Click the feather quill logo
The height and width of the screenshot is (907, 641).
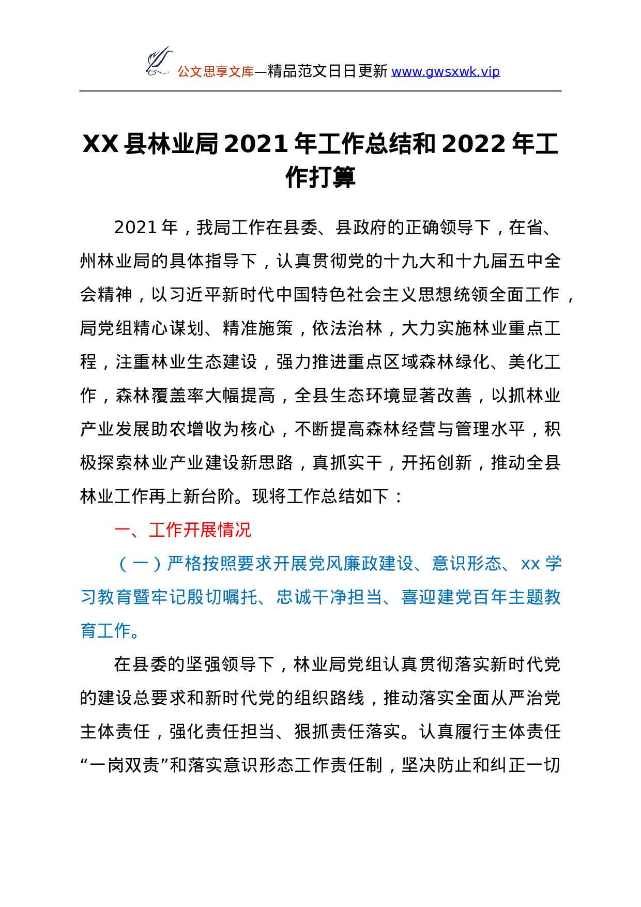pyautogui.click(x=159, y=61)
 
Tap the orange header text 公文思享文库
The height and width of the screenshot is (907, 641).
pyautogui.click(x=216, y=72)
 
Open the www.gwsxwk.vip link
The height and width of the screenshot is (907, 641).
pyautogui.click(x=445, y=72)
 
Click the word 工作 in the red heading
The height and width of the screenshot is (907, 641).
pyautogui.click(x=166, y=530)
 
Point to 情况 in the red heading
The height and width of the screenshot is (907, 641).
pyautogui.click(x=235, y=530)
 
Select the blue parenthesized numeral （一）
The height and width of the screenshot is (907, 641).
pyautogui.click(x=140, y=564)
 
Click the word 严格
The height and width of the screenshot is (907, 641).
pyautogui.click(x=185, y=564)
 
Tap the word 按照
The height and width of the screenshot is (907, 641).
pyautogui.click(x=220, y=564)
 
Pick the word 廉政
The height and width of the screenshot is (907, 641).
pyautogui.click(x=361, y=564)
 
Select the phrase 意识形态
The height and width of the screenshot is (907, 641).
pyautogui.click(x=467, y=564)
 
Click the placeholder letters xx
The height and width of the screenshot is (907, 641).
pyautogui.click(x=530, y=564)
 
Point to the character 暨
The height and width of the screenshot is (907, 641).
pyautogui.click(x=141, y=597)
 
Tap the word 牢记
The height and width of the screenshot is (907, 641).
pyautogui.click(x=169, y=597)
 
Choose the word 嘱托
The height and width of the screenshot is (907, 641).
pyautogui.click(x=240, y=597)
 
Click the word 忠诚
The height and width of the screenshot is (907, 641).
pyautogui.click(x=294, y=597)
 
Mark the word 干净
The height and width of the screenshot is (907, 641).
pyautogui.click(x=329, y=597)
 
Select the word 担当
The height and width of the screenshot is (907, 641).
pyautogui.click(x=365, y=597)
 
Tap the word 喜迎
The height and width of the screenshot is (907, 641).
pyautogui.click(x=419, y=597)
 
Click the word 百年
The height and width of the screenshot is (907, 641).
pyautogui.click(x=490, y=597)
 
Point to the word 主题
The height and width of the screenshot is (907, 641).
pyautogui.click(x=526, y=597)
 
